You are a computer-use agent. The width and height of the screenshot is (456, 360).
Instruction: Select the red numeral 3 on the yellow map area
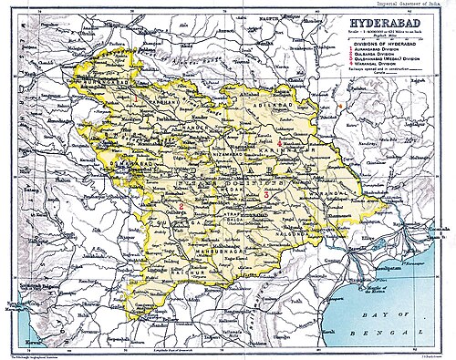(265, 194)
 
